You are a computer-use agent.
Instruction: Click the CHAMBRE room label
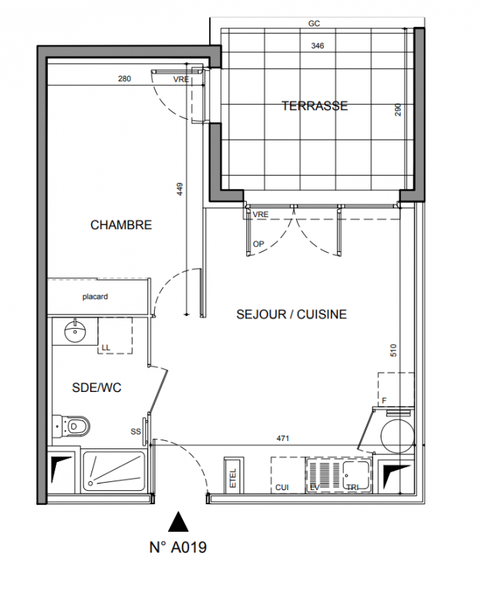click(x=121, y=225)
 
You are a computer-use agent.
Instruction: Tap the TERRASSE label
click(x=315, y=106)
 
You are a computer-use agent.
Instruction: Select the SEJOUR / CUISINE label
click(x=292, y=314)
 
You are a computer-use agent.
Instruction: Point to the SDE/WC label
click(x=97, y=387)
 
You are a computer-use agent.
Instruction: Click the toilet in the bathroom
click(x=71, y=425)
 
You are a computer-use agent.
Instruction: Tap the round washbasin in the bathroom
click(x=76, y=331)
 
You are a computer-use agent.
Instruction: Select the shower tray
click(x=114, y=471)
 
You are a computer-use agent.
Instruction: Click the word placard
click(x=95, y=296)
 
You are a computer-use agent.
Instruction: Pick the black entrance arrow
click(x=179, y=521)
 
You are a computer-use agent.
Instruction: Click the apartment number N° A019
click(x=178, y=547)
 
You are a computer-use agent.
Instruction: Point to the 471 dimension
click(x=283, y=438)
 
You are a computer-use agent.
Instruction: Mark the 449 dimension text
click(x=180, y=189)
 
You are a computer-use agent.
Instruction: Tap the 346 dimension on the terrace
click(x=318, y=46)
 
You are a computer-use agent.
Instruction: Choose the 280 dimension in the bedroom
click(x=124, y=79)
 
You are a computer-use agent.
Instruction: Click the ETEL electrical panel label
click(x=233, y=477)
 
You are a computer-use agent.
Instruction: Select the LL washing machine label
click(x=106, y=347)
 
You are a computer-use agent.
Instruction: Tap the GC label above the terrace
click(x=315, y=24)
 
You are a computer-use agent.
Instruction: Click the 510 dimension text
click(x=393, y=350)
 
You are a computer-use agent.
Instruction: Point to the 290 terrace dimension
click(x=398, y=109)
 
